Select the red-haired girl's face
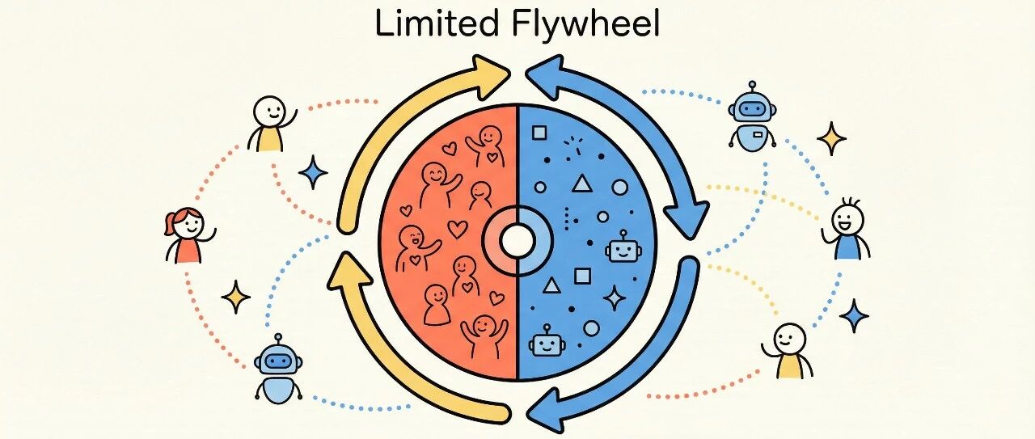[188, 223]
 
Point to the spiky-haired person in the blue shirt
[848, 230]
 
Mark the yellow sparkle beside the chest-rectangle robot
[830, 138]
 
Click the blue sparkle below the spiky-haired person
[853, 315]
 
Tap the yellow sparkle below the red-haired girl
[236, 297]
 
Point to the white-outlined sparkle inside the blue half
[615, 298]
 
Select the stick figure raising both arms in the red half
[483, 331]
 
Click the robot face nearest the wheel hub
[620, 248]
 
